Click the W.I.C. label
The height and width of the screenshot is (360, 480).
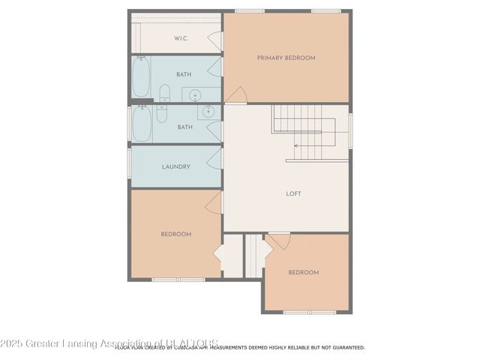[x=180, y=38]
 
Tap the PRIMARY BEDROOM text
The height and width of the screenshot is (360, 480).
[x=286, y=58]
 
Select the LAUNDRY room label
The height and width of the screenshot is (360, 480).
[x=176, y=166]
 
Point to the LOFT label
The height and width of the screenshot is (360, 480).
[x=293, y=193]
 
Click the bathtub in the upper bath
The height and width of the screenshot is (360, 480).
[x=141, y=77]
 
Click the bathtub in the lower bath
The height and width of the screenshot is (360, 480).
[x=141, y=124]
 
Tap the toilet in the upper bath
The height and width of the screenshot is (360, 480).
[x=165, y=94]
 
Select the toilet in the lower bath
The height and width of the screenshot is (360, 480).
[x=161, y=114]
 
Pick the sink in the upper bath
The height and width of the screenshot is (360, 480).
[x=195, y=94]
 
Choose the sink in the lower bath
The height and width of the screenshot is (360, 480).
[x=208, y=112]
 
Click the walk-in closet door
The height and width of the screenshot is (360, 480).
[x=216, y=40]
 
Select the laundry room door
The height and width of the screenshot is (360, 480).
[x=215, y=158]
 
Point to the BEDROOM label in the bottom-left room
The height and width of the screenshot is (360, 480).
[x=176, y=234]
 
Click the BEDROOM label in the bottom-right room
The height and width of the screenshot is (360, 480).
[x=304, y=272]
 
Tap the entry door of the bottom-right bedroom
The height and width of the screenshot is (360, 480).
[x=279, y=241]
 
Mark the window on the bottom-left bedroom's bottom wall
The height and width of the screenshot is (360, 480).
[x=178, y=280]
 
